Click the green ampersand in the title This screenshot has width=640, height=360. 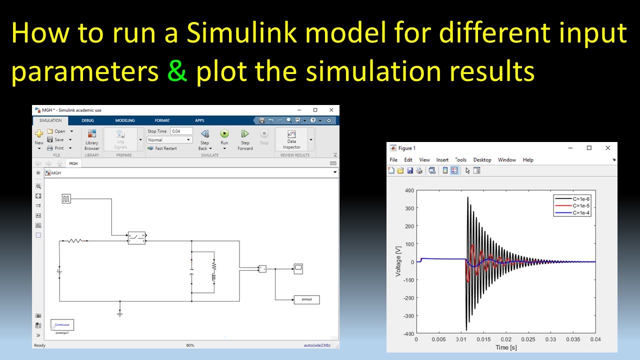(x=177, y=71)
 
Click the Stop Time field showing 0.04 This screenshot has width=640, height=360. (x=181, y=131)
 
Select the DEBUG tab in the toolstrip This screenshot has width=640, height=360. (x=87, y=120)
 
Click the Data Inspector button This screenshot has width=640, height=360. (x=291, y=139)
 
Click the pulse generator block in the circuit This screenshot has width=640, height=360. (x=66, y=199)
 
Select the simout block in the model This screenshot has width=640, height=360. (x=306, y=299)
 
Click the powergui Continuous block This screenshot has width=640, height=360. (x=62, y=325)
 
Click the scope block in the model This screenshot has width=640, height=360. (x=298, y=268)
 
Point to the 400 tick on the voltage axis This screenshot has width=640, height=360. (x=409, y=190)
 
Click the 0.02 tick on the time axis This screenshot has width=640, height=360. (x=506, y=339)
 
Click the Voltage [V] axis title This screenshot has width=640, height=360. (x=398, y=262)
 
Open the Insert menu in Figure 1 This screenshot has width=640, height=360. (x=442, y=160)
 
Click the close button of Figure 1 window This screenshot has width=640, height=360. (x=607, y=148)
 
